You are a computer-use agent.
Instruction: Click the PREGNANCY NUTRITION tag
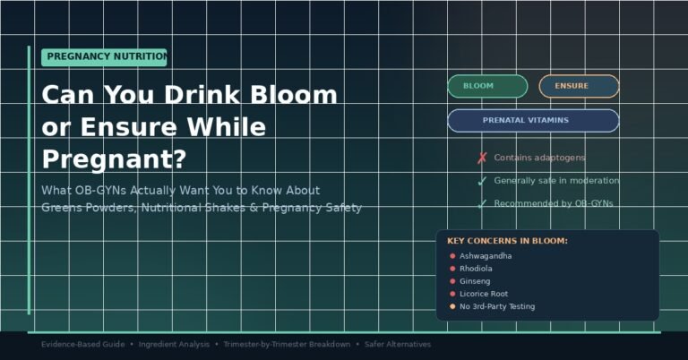pos(104,56)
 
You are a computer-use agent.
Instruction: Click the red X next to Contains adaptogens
pos(482,159)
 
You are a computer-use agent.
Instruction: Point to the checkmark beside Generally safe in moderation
pos(482,181)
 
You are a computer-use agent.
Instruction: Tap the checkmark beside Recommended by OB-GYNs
pos(482,204)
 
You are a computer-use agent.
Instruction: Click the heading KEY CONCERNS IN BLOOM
pos(507,241)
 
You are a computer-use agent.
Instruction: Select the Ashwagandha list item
pos(486,256)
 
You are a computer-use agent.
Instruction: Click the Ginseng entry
pos(475,281)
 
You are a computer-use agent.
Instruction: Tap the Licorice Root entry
pos(484,294)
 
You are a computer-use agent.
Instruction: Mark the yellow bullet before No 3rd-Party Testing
pos(452,306)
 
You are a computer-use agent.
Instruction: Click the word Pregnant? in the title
pos(114,159)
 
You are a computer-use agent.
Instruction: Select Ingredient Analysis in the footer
pos(174,345)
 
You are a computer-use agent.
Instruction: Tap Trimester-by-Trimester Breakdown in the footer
pos(287,345)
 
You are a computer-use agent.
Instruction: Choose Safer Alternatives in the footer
pos(397,345)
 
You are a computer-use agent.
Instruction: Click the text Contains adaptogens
pos(539,158)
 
